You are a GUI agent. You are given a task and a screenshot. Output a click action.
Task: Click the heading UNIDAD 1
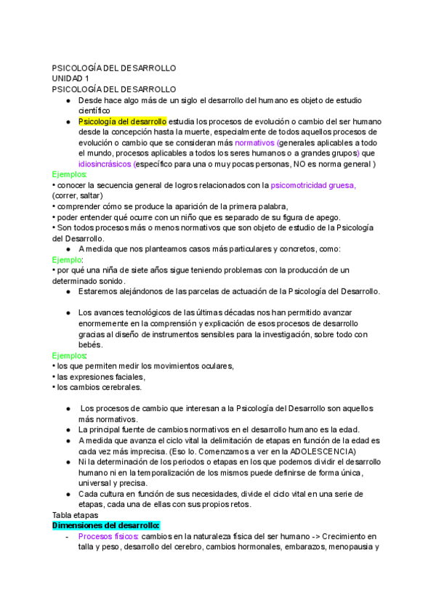[x=70, y=78]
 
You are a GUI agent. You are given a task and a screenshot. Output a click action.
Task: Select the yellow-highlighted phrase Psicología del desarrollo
[x=122, y=121]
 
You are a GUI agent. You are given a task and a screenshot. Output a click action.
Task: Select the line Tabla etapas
[x=76, y=514]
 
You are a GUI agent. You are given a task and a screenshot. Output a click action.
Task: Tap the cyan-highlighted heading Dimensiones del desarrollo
[x=106, y=525]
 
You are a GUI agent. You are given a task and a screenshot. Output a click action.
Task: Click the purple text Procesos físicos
[x=108, y=536]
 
